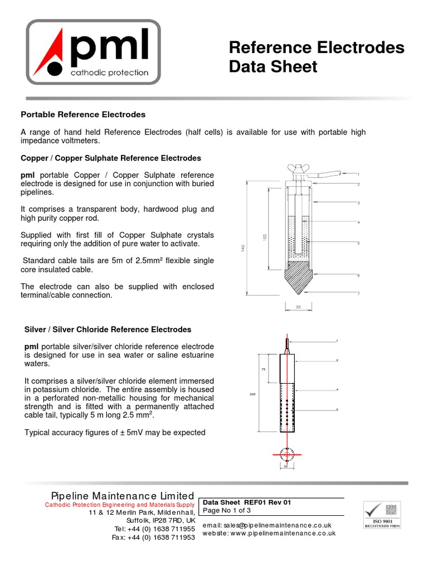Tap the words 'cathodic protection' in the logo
[x=109, y=72]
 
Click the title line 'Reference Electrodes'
[x=317, y=48]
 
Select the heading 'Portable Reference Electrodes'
[x=83, y=114]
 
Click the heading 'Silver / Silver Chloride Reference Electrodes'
[x=108, y=330]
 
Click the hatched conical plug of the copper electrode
[x=298, y=277]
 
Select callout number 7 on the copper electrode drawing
[x=358, y=293]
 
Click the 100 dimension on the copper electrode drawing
[x=264, y=237]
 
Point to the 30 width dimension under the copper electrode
[x=298, y=306]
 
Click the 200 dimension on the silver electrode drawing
[x=252, y=394]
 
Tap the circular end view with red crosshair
[x=287, y=455]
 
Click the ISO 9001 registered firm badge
[x=382, y=514]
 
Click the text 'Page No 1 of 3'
[x=227, y=510]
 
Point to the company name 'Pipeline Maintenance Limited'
[x=123, y=496]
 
